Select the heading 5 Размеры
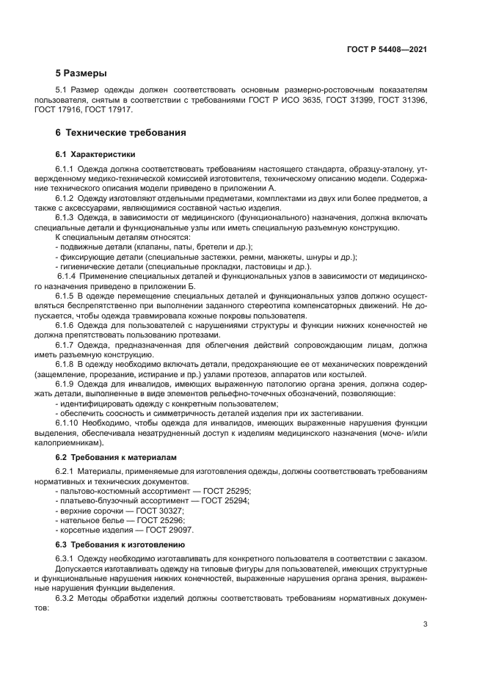(x=81, y=73)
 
